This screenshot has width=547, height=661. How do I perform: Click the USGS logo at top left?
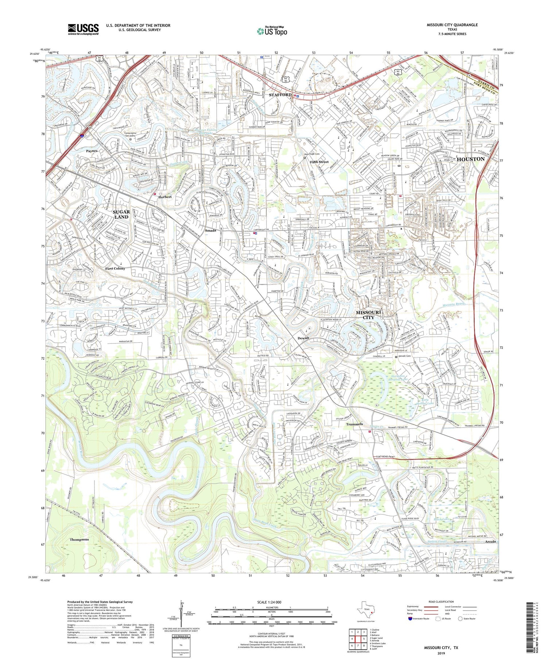(83, 29)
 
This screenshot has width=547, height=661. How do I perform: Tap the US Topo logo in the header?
(272, 31)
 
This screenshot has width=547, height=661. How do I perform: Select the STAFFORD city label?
(280, 95)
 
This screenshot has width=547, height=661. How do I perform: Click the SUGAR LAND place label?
(121, 214)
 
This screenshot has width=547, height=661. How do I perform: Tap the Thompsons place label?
(79, 539)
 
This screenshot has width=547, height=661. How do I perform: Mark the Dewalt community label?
(303, 338)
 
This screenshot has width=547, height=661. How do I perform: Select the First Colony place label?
(115, 268)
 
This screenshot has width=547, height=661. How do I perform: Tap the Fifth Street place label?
(319, 162)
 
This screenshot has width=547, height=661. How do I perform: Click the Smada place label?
(210, 230)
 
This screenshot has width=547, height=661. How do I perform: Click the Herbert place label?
(165, 197)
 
